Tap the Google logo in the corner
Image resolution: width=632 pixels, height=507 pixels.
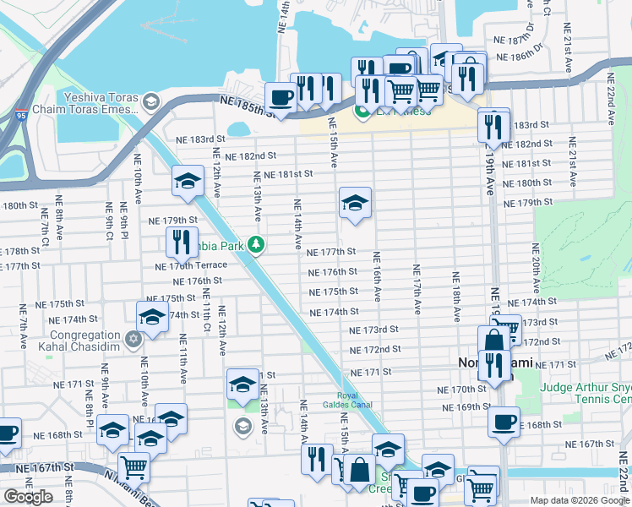click(29, 497)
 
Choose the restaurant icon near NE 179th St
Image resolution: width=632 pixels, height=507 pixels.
click(182, 241)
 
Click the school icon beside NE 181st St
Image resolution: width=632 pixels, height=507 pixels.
click(188, 180)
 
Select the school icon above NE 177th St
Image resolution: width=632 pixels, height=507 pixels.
click(356, 202)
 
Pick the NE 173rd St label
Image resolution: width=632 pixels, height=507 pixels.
click(376, 330)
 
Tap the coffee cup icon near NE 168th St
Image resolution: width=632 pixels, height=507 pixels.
click(504, 421)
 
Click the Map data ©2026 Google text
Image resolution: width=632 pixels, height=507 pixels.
click(579, 499)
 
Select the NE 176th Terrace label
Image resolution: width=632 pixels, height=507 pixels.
click(191, 265)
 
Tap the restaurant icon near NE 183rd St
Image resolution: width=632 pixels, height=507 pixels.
click(493, 126)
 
